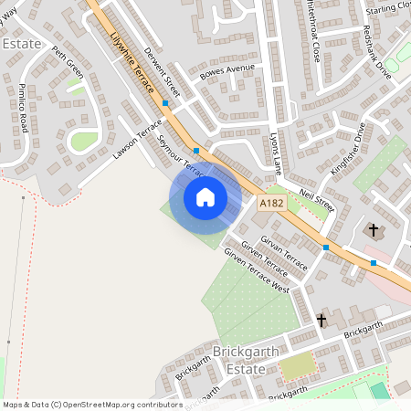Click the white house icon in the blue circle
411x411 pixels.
point(205,197)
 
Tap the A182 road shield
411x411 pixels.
point(271,203)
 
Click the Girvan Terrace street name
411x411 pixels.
point(283,250)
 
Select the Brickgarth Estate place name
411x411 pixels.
point(239,361)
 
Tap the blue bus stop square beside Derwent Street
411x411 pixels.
point(165,103)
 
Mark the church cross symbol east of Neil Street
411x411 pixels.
point(373,229)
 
